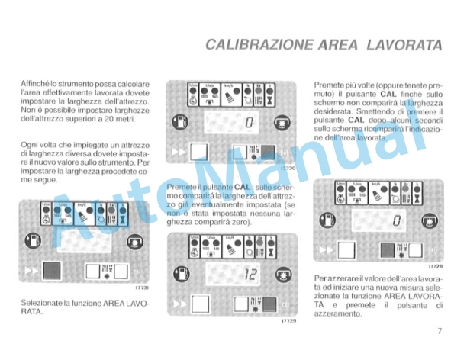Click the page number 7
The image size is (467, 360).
pos(441,331)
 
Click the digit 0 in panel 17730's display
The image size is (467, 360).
pos(249,124)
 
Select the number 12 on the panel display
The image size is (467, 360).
pos(246,276)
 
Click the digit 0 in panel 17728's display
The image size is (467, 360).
pos(397,222)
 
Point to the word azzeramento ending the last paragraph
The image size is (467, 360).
pos(339,314)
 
